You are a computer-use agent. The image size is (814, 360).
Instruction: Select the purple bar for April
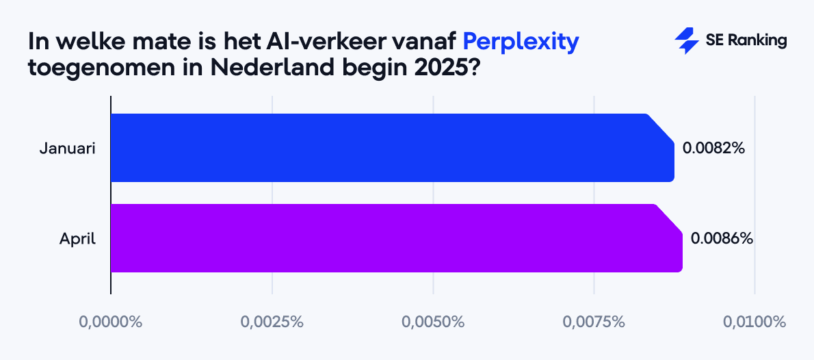(x=396, y=238)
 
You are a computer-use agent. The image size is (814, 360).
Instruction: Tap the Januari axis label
(x=67, y=148)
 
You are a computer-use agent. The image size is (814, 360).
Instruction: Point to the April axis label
(x=77, y=239)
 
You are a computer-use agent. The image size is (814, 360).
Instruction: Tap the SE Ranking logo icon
(x=685, y=41)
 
